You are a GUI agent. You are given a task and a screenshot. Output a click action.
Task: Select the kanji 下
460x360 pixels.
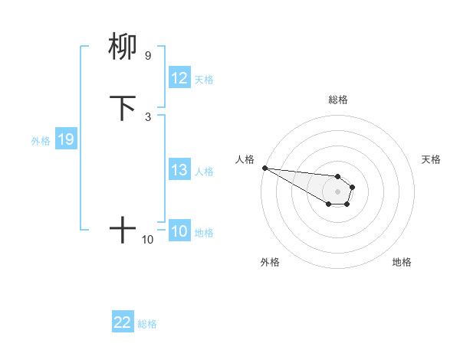123,108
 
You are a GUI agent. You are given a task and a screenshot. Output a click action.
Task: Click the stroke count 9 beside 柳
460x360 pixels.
147,56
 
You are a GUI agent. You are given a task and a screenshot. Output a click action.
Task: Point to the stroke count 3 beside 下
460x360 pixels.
147,116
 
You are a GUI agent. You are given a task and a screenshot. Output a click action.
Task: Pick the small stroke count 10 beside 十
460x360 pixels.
147,240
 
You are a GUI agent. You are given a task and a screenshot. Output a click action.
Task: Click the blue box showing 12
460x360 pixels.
179,78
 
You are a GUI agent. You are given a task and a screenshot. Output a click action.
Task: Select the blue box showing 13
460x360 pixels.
179,170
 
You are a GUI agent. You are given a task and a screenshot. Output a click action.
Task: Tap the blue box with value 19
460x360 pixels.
66,139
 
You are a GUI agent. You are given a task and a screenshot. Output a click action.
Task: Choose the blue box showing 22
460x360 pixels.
123,322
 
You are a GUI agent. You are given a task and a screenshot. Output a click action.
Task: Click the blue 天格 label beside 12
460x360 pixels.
204,79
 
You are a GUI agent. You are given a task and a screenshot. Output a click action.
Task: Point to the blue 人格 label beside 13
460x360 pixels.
204,171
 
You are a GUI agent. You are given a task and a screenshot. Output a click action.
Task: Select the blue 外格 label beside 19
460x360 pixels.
41,140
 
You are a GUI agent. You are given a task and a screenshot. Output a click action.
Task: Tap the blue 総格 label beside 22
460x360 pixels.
147,323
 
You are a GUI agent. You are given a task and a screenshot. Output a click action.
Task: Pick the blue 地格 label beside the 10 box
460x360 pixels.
204,233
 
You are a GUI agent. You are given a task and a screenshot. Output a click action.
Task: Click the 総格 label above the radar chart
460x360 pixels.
337,100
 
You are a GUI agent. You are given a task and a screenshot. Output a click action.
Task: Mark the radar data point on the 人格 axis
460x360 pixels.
264,168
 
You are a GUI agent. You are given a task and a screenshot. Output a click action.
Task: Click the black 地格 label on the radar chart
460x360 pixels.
402,262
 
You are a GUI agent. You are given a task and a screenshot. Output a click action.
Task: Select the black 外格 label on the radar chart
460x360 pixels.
270,262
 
